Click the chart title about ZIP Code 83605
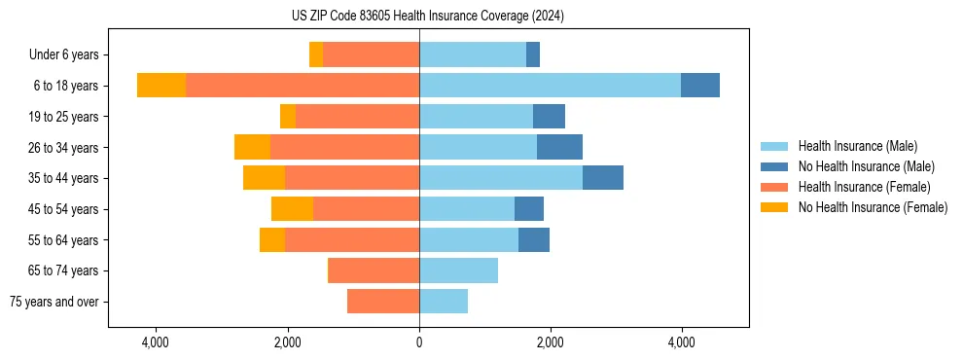(427, 17)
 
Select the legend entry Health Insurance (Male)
(856, 146)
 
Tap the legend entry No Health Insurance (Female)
(873, 207)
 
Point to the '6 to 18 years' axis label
(65, 86)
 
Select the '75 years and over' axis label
(53, 302)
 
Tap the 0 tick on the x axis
(419, 342)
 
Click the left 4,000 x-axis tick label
(156, 342)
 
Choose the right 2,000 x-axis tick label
(551, 342)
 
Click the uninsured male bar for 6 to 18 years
(700, 85)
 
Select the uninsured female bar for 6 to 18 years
(161, 85)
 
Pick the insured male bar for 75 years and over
(444, 301)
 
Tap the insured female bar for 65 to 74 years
(374, 270)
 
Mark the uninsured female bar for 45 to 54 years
(292, 208)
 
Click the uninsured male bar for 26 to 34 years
(559, 147)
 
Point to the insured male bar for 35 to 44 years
(501, 177)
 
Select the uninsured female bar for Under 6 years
(316, 54)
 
